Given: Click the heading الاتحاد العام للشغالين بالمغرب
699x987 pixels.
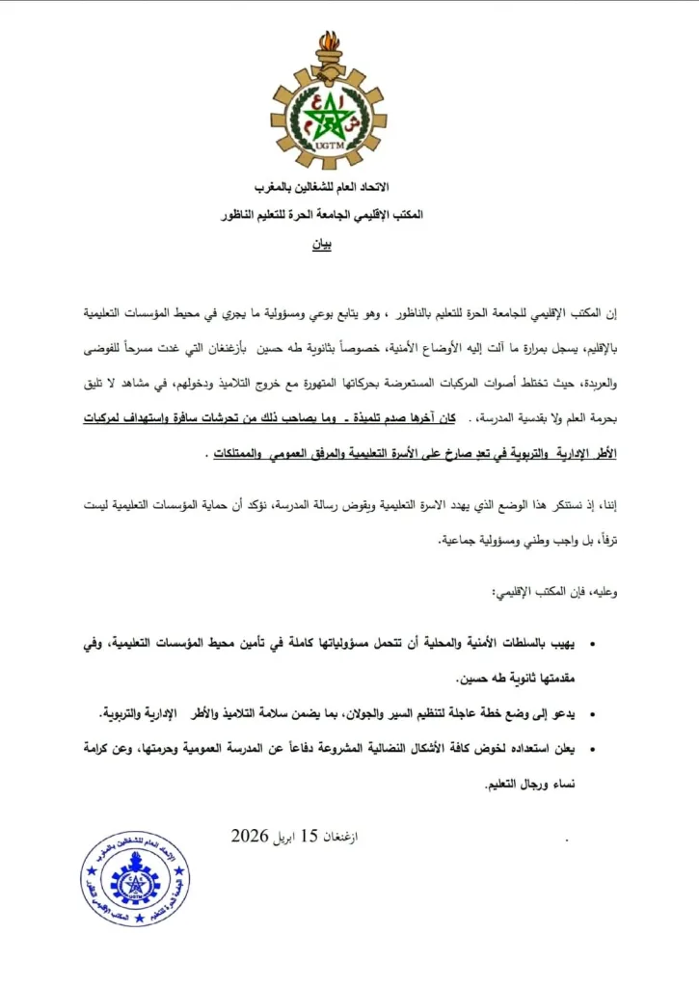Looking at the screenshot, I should coord(327,185).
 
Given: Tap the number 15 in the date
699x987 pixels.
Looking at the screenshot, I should coord(309,836).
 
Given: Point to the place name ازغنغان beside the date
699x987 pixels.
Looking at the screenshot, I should coord(344,837).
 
